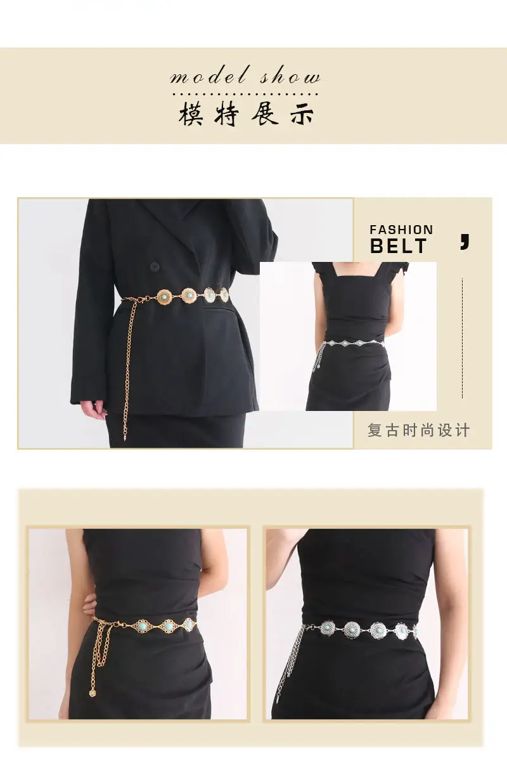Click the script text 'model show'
tap(245, 75)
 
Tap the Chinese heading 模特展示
tap(247, 114)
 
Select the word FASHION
tap(401, 230)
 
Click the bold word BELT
tap(399, 246)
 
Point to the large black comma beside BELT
tap(465, 242)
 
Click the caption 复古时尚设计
tap(418, 430)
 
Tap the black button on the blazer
tap(155, 267)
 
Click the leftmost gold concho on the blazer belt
tap(164, 297)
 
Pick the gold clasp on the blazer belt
tap(141, 299)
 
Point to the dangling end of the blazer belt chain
tap(125, 436)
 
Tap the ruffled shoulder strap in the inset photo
tap(323, 270)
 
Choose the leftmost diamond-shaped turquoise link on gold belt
tap(142, 625)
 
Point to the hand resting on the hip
tap(90, 607)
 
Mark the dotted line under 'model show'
tap(245, 94)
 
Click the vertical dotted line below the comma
tap(463, 338)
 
